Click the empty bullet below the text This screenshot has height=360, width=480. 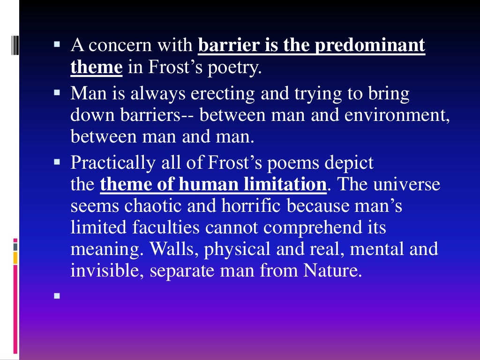pos(57,296)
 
